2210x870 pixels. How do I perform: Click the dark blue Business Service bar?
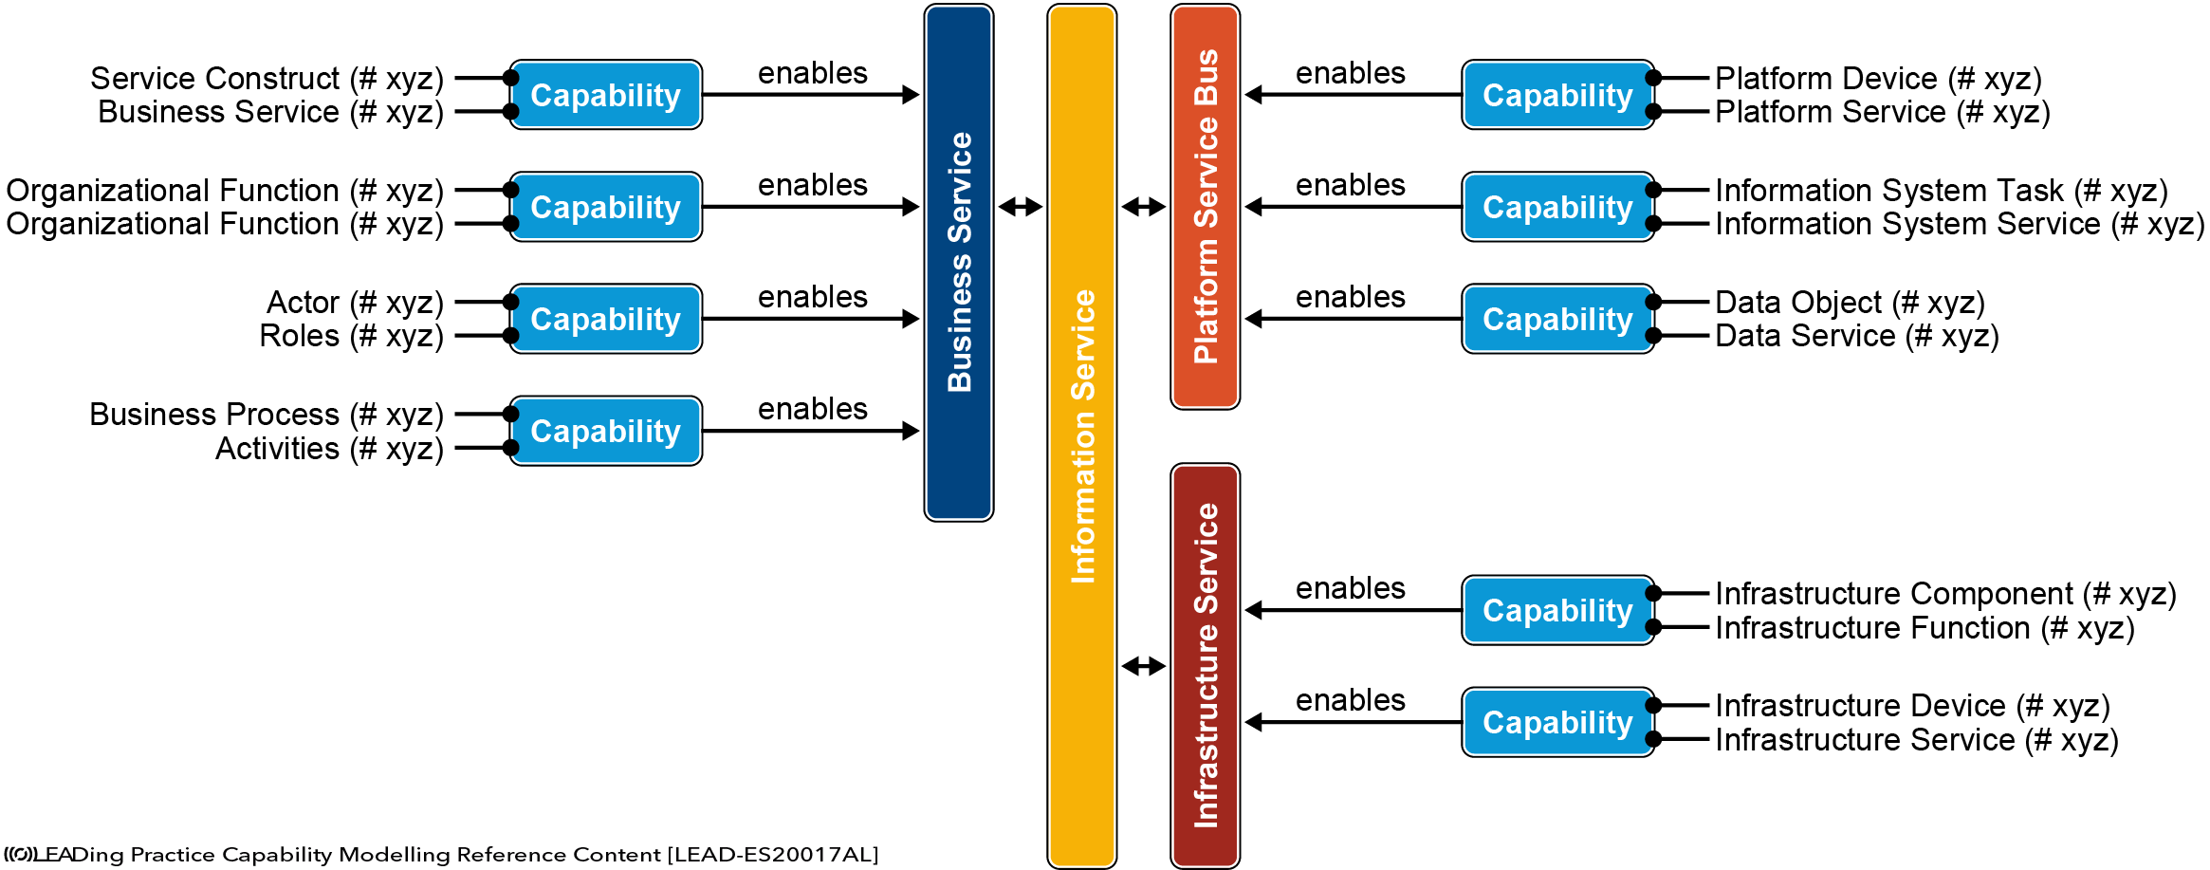pyautogui.click(x=959, y=263)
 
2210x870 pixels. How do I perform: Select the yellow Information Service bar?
pyautogui.click(x=1082, y=435)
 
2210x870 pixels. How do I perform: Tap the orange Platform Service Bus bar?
pyautogui.click(x=1206, y=207)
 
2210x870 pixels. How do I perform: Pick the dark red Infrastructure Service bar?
pyautogui.click(x=1206, y=666)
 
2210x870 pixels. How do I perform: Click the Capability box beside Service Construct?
pyautogui.click(x=606, y=95)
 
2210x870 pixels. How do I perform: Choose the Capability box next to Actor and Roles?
pyautogui.click(x=606, y=319)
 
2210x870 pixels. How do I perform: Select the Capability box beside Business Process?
pyautogui.click(x=606, y=431)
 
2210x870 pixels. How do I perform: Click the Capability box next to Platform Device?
pyautogui.click(x=1558, y=95)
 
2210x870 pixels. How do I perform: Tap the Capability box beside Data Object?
pyautogui.click(x=1558, y=319)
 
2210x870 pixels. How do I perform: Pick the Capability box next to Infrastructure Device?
pyautogui.click(x=1558, y=722)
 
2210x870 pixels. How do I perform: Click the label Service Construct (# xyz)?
pyautogui.click(x=267, y=78)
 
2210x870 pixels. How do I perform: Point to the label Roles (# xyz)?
pyautogui.click(x=352, y=336)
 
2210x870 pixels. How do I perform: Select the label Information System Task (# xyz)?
pyautogui.click(x=1942, y=190)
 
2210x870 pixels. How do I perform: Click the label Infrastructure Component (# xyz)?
pyautogui.click(x=1945, y=594)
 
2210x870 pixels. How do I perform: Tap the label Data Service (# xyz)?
pyautogui.click(x=1857, y=336)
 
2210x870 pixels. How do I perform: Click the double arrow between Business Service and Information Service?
pyautogui.click(x=1021, y=207)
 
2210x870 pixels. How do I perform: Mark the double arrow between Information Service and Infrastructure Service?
pyautogui.click(x=1144, y=666)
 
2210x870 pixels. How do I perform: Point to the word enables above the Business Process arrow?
pyautogui.click(x=813, y=409)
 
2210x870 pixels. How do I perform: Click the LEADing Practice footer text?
pyautogui.click(x=441, y=855)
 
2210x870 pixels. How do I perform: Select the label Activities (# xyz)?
pyautogui.click(x=330, y=448)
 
